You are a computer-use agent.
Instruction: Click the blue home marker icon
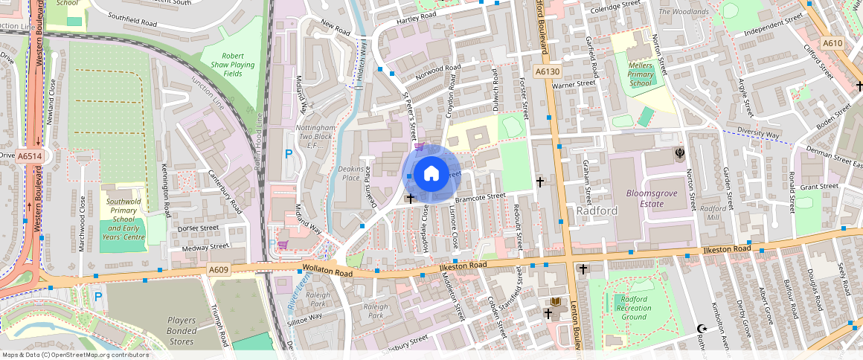click(x=431, y=174)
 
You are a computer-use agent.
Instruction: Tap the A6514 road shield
click(x=29, y=156)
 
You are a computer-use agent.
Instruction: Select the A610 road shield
click(x=832, y=44)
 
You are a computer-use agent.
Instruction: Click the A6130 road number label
click(x=547, y=71)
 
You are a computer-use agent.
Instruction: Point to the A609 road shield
click(x=219, y=269)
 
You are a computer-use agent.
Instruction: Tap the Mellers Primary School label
click(x=641, y=74)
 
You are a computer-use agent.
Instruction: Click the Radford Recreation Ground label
click(x=634, y=308)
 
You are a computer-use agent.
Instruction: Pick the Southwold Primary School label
click(x=123, y=219)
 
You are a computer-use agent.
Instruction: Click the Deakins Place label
click(x=350, y=173)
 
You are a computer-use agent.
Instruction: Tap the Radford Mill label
click(x=713, y=213)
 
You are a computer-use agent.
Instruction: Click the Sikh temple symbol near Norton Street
click(x=679, y=153)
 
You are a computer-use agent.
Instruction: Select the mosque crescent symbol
click(x=701, y=328)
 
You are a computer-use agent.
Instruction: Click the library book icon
click(x=555, y=302)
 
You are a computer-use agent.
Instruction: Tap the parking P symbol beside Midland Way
click(x=289, y=154)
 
